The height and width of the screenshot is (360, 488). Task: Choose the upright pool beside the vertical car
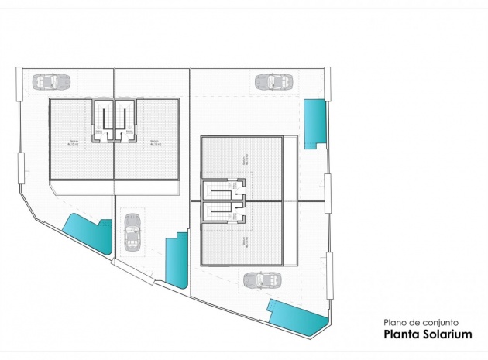tap(177, 260)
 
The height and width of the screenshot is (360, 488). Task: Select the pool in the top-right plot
tap(314, 123)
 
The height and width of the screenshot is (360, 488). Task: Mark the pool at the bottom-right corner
tap(297, 317)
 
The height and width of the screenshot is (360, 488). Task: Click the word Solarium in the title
tap(445, 334)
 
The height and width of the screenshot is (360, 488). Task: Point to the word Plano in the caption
tap(396, 322)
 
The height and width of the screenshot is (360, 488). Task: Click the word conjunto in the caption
tap(441, 322)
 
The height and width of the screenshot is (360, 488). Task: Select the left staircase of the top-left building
tap(104, 120)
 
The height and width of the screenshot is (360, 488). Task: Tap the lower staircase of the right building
tap(225, 211)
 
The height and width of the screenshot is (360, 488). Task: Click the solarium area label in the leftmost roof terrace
tap(74, 142)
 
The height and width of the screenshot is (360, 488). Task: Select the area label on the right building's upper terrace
tap(246, 162)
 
